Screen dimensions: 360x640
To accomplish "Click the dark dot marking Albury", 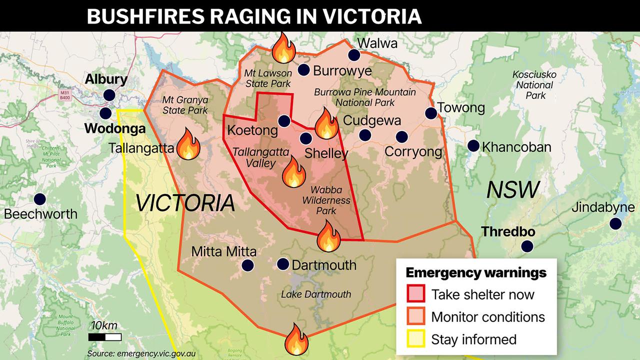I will tap(109, 95).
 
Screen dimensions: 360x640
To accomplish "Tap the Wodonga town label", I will tap(115, 128).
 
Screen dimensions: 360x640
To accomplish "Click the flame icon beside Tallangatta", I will tap(189, 144).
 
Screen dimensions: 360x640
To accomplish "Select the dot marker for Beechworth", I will tap(40, 199).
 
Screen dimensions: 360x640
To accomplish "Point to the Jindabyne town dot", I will tap(616, 223).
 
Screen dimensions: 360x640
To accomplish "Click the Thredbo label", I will tap(508, 232).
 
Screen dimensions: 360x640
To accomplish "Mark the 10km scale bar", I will tap(105, 337).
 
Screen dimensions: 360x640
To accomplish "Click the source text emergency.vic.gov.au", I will tap(141, 353).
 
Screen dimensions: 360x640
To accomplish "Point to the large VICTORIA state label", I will tap(185, 203).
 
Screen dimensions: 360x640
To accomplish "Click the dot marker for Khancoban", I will tap(473, 146).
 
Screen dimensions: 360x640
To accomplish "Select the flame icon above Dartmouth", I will tap(328, 236).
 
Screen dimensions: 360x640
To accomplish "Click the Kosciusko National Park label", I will tap(534, 84).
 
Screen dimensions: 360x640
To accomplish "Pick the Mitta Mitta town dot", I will tap(247, 265).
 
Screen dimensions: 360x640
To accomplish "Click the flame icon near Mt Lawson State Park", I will tap(284, 48).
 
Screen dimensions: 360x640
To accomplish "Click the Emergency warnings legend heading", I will tap(475, 273).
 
